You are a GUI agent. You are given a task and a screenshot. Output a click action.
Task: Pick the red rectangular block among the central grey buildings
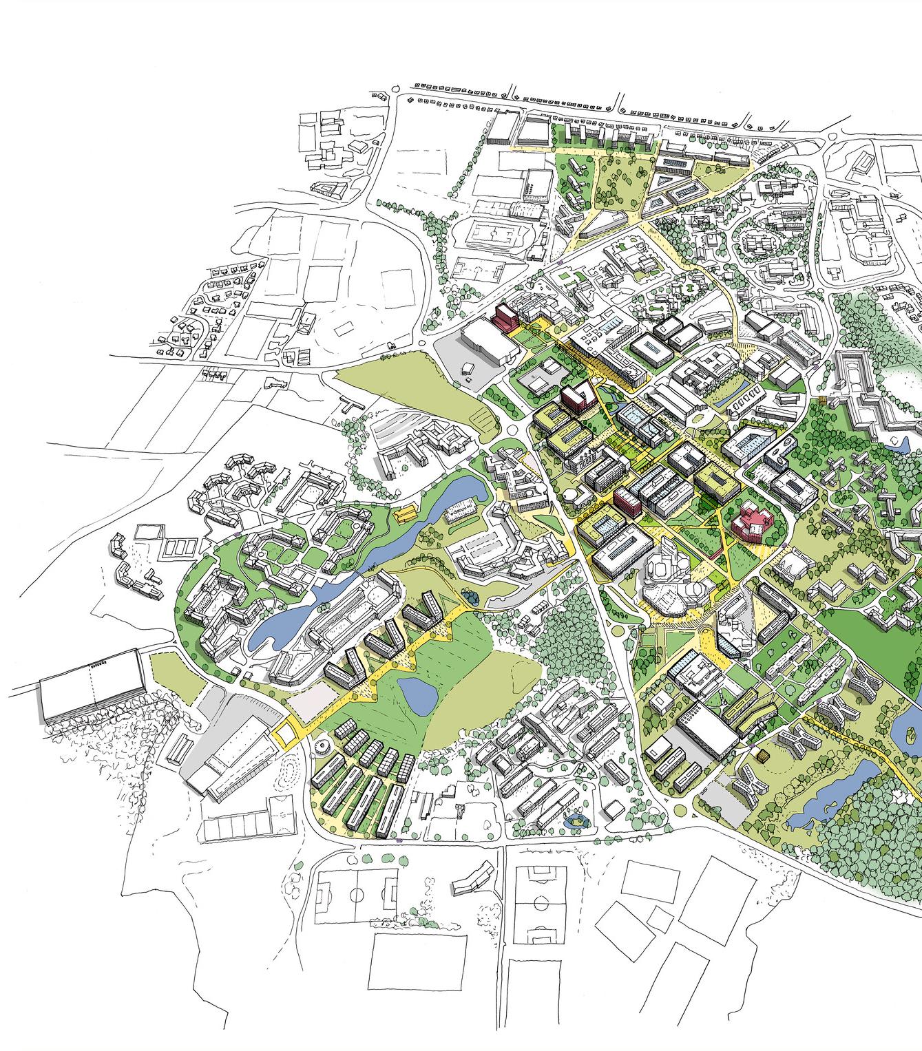[x=627, y=500]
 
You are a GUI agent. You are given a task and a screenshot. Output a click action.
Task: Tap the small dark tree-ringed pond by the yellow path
[x=470, y=596]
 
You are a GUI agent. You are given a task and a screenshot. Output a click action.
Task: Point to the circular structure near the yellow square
[x=321, y=746]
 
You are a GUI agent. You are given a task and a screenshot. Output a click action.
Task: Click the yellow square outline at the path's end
[x=286, y=730]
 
